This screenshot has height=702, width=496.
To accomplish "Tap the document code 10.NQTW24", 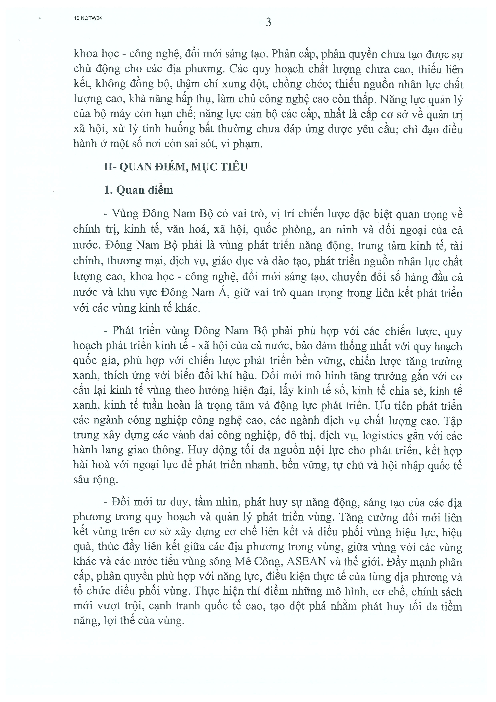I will tap(88, 18).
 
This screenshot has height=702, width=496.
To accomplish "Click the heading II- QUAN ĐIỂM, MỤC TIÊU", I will tap(175, 167).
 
